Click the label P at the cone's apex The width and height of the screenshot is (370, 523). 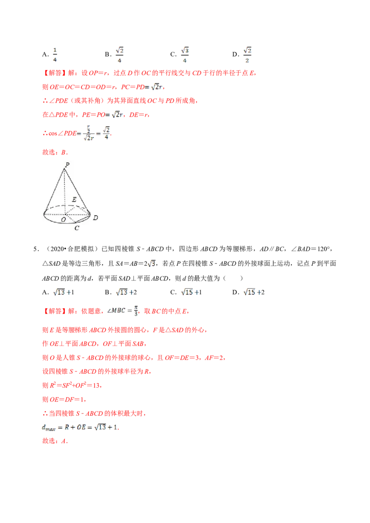tap(68, 164)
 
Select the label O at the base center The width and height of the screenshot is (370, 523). tap(63, 220)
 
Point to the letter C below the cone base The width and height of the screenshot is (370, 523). tap(77, 228)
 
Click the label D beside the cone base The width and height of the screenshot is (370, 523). tap(95, 218)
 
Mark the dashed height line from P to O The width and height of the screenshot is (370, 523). tap(65, 192)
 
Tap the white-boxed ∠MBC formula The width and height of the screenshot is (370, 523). tap(122, 311)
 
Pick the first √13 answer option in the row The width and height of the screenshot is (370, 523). tap(62, 292)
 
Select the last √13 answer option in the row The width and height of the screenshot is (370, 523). tap(253, 292)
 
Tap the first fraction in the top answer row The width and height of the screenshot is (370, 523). tap(55, 54)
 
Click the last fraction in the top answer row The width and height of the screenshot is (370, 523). tap(247, 54)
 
